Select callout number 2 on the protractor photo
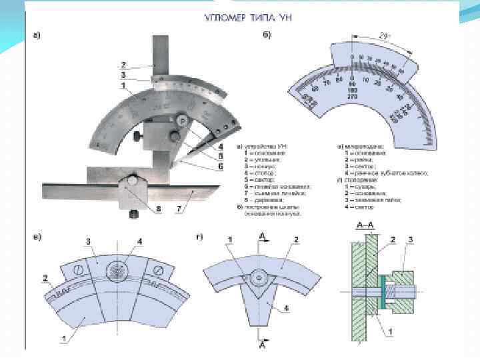(x=123, y=65)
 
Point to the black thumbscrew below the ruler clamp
(x=133, y=214)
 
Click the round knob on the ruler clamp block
(x=133, y=181)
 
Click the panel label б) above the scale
(x=267, y=35)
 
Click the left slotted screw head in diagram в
(x=78, y=270)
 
